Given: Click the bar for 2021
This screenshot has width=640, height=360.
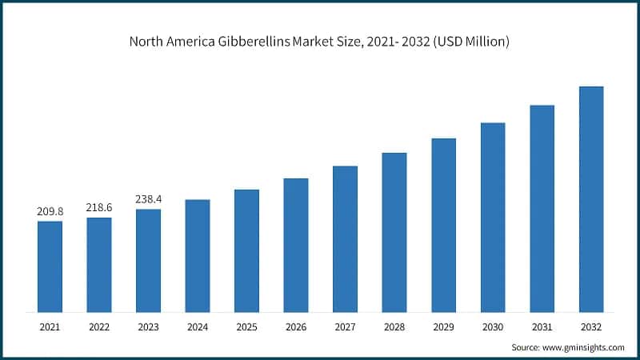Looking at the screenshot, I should (x=50, y=266).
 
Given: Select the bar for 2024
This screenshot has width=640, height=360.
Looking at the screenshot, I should (x=198, y=255).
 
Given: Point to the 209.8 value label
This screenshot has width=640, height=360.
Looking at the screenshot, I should (x=50, y=211).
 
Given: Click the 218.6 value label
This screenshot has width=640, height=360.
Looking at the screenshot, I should (x=99, y=207).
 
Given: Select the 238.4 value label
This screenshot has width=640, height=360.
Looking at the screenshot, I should (x=148, y=199).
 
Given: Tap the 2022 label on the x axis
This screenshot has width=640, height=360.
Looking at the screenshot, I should (x=99, y=326).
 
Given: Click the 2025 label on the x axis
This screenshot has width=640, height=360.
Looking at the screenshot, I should (x=246, y=326).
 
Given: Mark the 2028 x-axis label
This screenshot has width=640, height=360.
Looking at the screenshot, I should (x=394, y=326).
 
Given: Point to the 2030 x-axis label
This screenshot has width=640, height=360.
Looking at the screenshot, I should (x=493, y=326).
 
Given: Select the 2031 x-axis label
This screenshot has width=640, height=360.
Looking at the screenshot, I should (x=542, y=326).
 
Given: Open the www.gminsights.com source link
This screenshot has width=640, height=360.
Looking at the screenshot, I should (x=584, y=348).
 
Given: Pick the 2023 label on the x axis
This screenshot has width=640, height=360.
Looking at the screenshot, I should (x=148, y=326).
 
